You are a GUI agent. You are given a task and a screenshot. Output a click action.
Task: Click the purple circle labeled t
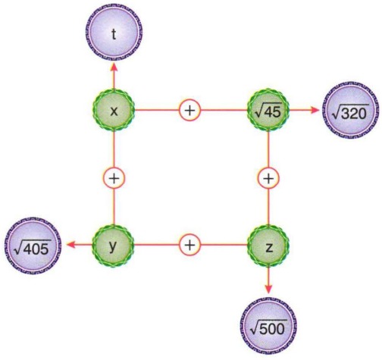(x=114, y=32)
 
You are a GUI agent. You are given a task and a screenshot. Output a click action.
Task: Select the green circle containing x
(x=114, y=110)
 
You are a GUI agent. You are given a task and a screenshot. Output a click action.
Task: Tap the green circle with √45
(x=268, y=110)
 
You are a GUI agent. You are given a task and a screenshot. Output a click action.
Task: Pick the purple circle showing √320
(x=351, y=111)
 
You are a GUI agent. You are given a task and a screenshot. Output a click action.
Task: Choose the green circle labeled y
(x=114, y=246)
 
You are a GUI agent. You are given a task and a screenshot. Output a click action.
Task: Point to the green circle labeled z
(x=268, y=246)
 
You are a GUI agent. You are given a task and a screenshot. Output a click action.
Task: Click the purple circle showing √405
(x=33, y=246)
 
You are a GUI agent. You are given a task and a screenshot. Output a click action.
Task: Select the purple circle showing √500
(x=268, y=326)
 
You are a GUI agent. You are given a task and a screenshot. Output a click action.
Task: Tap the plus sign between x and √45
(x=190, y=110)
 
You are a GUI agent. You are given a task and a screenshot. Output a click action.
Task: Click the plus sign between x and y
(x=114, y=178)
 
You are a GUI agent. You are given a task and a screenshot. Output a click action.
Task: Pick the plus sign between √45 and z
(x=268, y=178)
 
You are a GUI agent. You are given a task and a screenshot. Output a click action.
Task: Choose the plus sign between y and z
(x=190, y=245)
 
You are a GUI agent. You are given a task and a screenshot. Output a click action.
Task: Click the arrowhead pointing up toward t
(x=114, y=67)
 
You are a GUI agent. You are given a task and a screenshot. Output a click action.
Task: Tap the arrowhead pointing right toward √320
(x=315, y=110)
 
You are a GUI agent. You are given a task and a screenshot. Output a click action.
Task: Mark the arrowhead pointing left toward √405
(x=70, y=245)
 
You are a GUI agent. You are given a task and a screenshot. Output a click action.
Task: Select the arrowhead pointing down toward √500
(x=268, y=289)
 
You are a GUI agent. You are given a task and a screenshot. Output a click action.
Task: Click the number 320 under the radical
(x=354, y=114)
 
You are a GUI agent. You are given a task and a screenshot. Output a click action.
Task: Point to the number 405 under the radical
(x=36, y=249)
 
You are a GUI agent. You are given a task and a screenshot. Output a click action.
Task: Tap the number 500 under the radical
(x=271, y=329)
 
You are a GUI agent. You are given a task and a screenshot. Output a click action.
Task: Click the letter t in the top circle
(x=114, y=34)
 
